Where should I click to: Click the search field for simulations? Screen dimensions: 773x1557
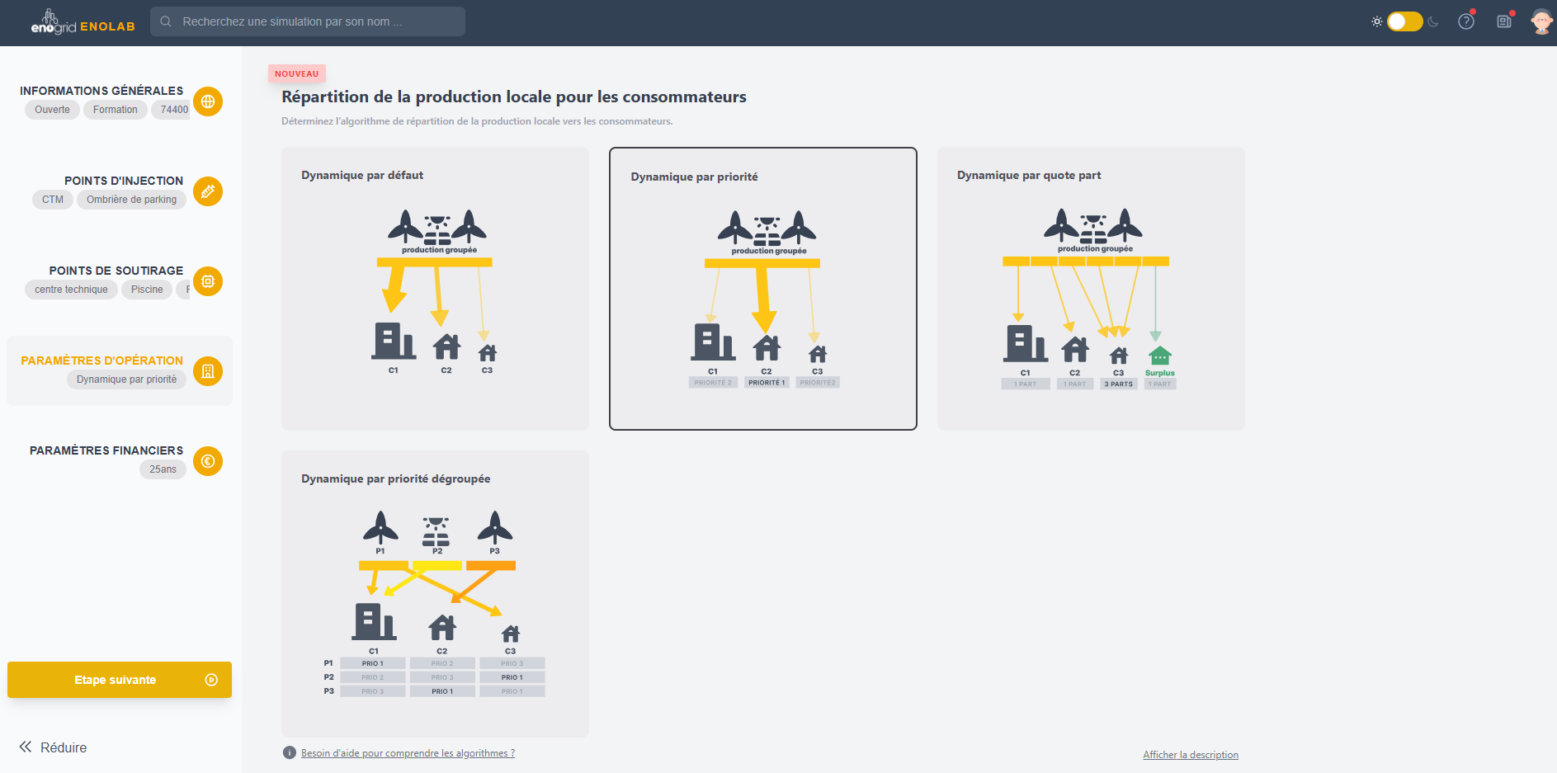click(307, 21)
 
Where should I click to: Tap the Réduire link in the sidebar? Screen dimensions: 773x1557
click(54, 747)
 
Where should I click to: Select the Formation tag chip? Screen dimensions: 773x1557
click(116, 110)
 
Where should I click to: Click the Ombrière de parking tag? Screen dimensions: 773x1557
click(131, 200)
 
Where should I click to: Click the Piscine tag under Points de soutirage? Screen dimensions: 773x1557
click(147, 290)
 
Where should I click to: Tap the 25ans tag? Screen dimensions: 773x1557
click(163, 469)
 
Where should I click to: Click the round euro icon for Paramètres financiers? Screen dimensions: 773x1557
click(208, 461)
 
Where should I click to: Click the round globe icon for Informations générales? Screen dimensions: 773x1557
click(208, 101)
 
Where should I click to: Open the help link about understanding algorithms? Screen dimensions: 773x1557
click(408, 753)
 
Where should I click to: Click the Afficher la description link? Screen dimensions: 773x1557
click(1190, 755)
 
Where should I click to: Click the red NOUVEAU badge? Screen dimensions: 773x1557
click(297, 74)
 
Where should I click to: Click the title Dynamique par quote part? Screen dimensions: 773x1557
click(1029, 176)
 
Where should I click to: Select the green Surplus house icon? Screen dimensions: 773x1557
click(1159, 356)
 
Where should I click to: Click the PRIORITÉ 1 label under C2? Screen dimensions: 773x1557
click(767, 383)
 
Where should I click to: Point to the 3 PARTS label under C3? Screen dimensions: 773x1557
click(1118, 384)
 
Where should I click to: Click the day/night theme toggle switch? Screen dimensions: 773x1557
click(1404, 21)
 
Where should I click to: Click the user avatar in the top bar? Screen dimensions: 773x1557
click(1540, 21)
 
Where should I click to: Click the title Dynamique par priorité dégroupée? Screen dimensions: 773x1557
click(395, 479)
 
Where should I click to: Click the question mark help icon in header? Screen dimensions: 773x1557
click(1466, 21)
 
